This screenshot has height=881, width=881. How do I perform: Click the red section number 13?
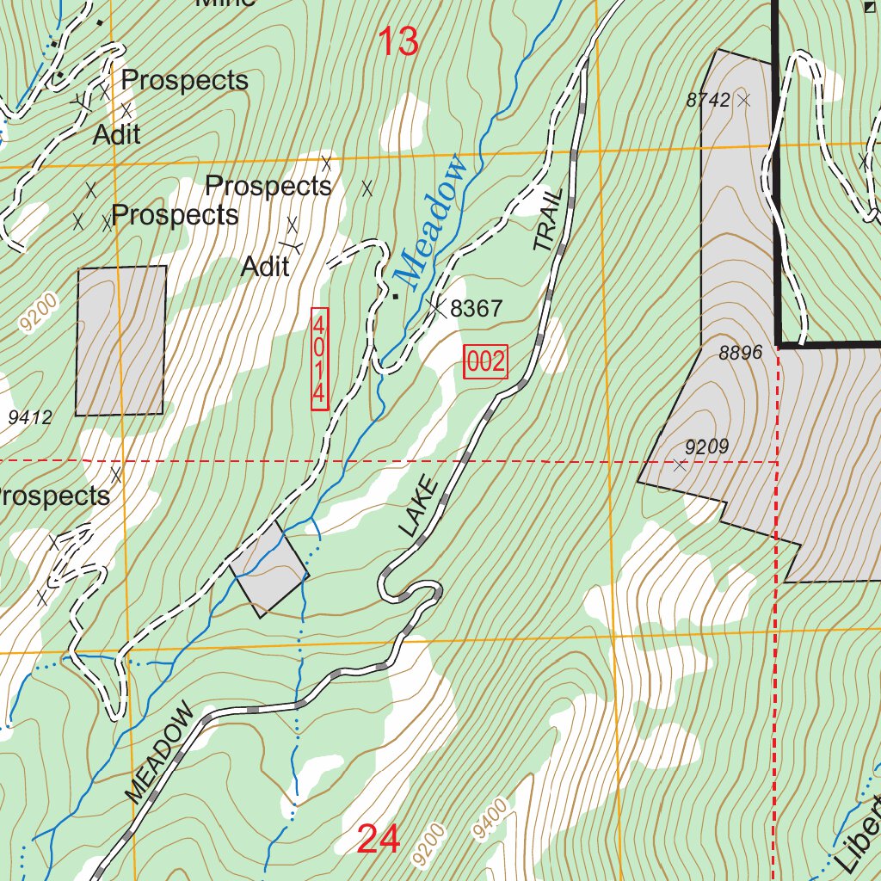tap(398, 41)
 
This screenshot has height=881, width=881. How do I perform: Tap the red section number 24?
tap(379, 839)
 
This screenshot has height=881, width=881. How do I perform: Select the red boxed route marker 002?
tap(486, 361)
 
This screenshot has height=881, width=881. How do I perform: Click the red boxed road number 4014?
tap(319, 359)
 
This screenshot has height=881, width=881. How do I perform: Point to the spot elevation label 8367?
tap(475, 309)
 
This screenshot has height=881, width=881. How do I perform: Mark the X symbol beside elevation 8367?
tap(437, 306)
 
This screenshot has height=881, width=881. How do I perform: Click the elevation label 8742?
tap(708, 100)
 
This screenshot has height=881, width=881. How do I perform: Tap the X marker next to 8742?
tap(744, 101)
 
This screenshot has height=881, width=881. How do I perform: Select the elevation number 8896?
tap(741, 353)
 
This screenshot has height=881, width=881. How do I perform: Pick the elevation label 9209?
tap(706, 447)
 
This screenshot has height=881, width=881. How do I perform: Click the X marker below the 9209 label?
tap(680, 465)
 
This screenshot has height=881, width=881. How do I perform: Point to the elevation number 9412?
tap(30, 418)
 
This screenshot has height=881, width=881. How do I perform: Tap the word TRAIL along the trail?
tap(551, 219)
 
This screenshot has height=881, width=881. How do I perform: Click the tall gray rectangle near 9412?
tap(120, 340)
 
